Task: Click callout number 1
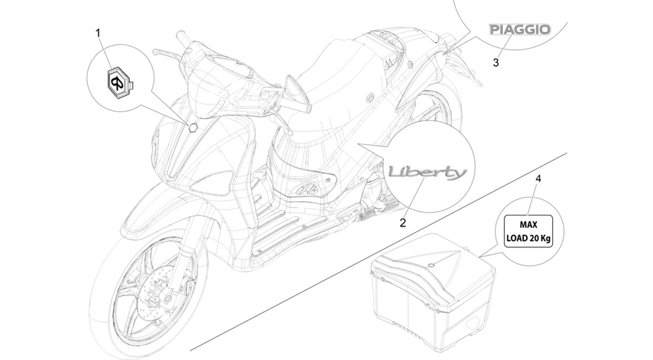98,33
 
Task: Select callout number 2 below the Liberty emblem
403,223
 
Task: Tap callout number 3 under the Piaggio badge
496,62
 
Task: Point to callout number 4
538,179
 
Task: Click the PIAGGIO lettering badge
519,30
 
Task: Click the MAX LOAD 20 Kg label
528,232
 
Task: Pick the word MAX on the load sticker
528,225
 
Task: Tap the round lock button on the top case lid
432,265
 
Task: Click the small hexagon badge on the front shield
193,128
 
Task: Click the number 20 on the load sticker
534,239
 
